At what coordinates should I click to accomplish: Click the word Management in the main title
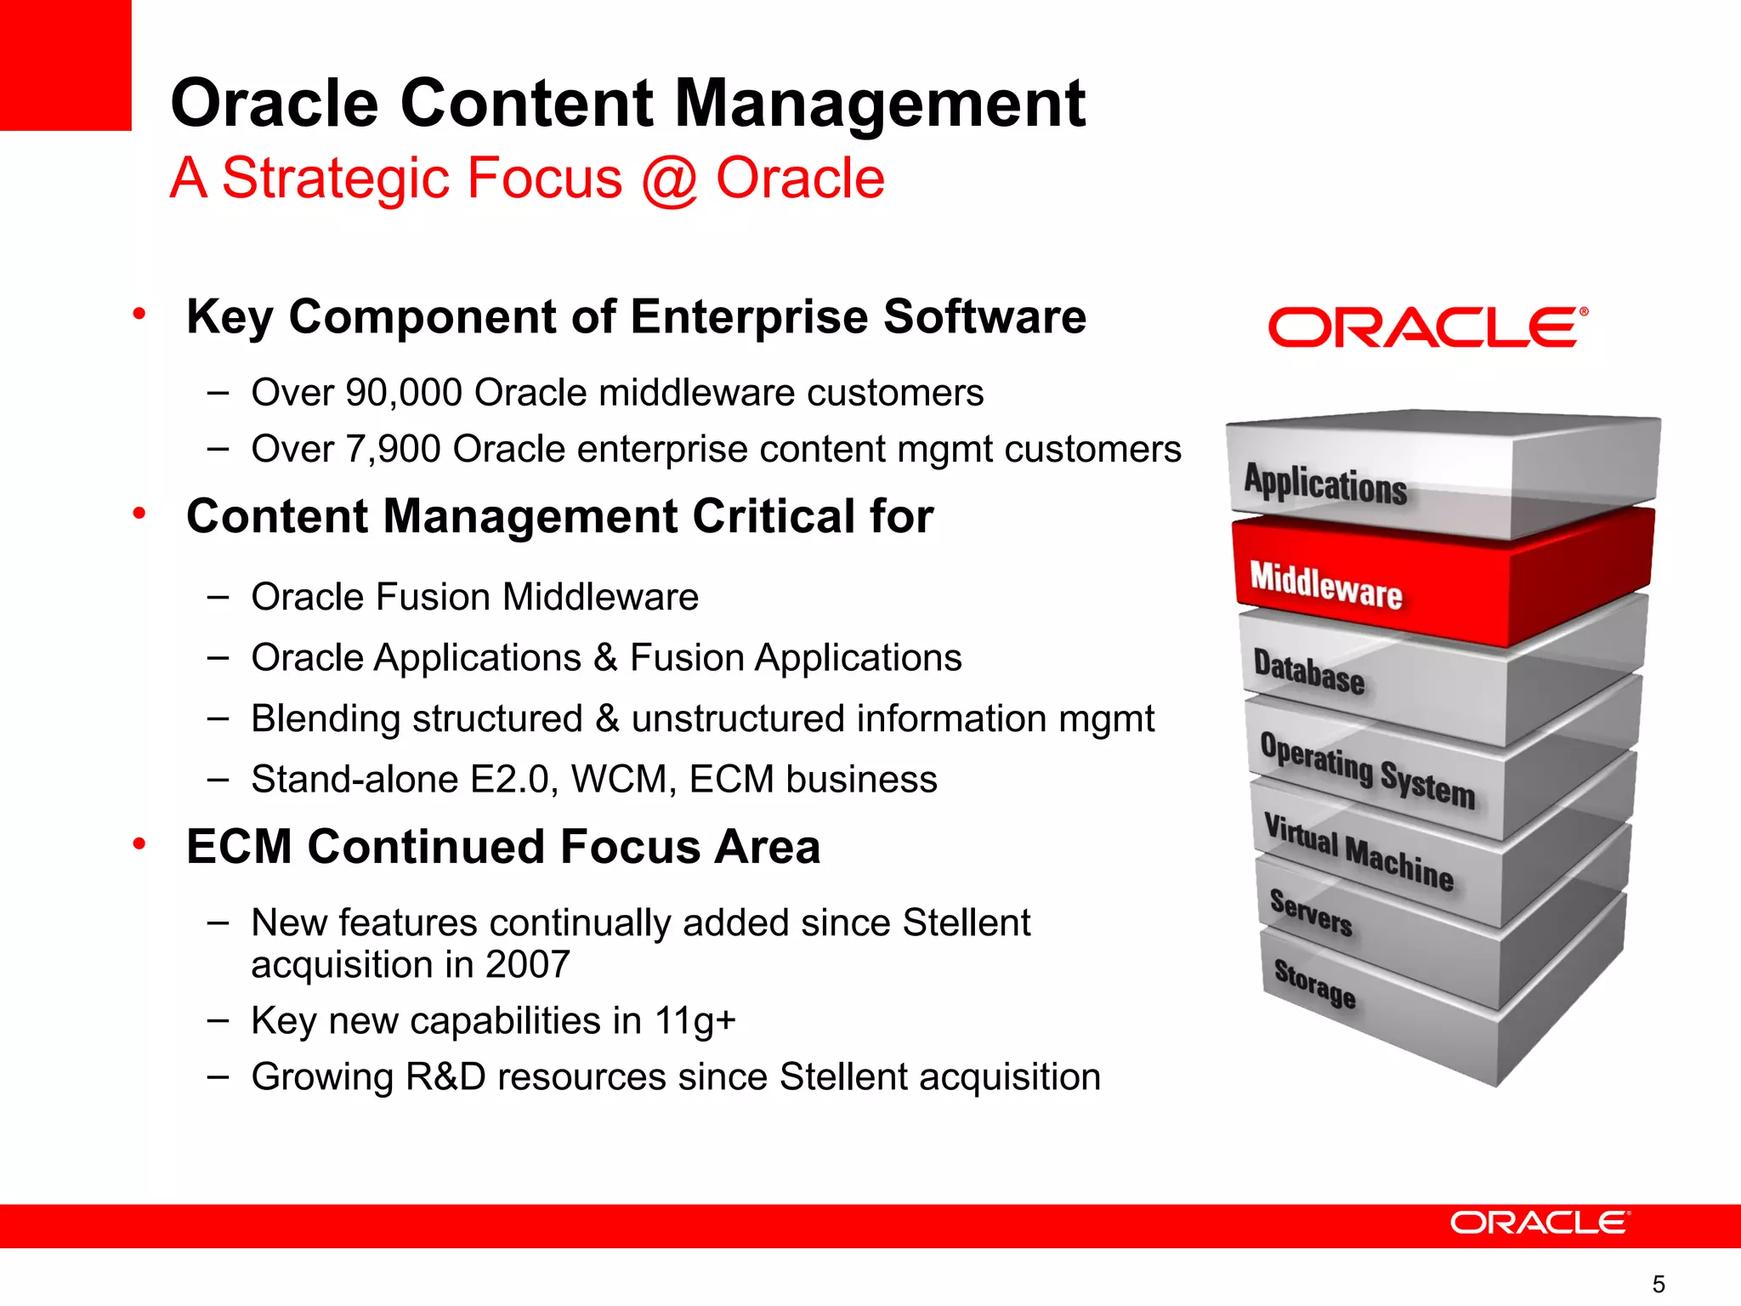click(879, 104)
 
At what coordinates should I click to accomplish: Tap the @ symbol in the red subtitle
click(669, 179)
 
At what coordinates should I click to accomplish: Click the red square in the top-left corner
click(65, 65)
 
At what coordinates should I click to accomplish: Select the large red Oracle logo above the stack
click(1427, 328)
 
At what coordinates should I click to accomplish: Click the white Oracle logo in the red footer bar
click(1540, 1224)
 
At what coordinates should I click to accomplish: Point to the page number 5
click(1658, 1284)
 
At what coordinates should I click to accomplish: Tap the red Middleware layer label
click(1325, 585)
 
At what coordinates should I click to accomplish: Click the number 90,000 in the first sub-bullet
click(403, 394)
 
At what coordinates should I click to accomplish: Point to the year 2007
click(527, 965)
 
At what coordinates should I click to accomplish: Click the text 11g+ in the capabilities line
click(695, 1021)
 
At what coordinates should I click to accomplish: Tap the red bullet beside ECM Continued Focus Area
click(139, 844)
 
